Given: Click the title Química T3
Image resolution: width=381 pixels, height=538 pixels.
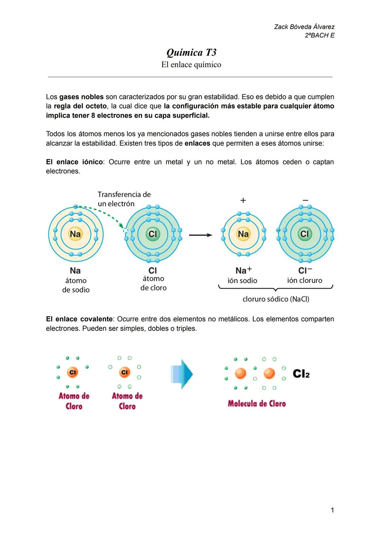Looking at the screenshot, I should [191, 53].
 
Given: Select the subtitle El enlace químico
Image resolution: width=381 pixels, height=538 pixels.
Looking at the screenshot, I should [191, 65].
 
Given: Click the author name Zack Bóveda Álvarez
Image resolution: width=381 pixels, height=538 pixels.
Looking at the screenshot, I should [304, 27].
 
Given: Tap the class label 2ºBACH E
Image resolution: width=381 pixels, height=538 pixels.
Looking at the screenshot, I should [320, 35].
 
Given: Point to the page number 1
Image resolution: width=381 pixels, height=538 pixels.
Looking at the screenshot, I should [332, 510].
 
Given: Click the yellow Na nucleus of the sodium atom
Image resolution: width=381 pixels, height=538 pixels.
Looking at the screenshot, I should [75, 234].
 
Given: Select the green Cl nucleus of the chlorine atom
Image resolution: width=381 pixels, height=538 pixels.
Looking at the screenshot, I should [153, 234].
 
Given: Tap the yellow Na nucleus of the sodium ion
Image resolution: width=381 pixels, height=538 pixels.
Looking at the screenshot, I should [243, 234].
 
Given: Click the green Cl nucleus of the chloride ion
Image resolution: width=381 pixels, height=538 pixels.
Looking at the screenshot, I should [304, 234].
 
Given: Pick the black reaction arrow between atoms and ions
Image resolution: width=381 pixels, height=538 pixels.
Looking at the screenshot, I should [200, 235].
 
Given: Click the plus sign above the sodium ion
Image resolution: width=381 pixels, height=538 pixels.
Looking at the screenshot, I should [243, 200].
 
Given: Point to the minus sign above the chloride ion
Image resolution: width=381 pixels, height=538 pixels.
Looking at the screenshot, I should [306, 200].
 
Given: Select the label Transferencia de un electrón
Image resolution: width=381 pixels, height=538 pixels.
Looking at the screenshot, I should [124, 199].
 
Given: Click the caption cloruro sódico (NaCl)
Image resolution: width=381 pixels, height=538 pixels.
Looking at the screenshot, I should [276, 299].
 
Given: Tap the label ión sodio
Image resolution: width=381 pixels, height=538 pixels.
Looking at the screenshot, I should [242, 280].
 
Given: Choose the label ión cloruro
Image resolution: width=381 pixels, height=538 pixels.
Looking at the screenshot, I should [304, 280].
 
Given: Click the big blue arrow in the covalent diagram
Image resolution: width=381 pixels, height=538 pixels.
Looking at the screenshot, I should [182, 374].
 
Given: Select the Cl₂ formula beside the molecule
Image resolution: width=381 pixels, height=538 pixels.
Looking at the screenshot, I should [301, 374].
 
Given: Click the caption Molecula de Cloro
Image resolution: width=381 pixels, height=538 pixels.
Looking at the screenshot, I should [257, 404].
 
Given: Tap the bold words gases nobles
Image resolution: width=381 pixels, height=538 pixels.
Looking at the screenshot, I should [81, 97].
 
